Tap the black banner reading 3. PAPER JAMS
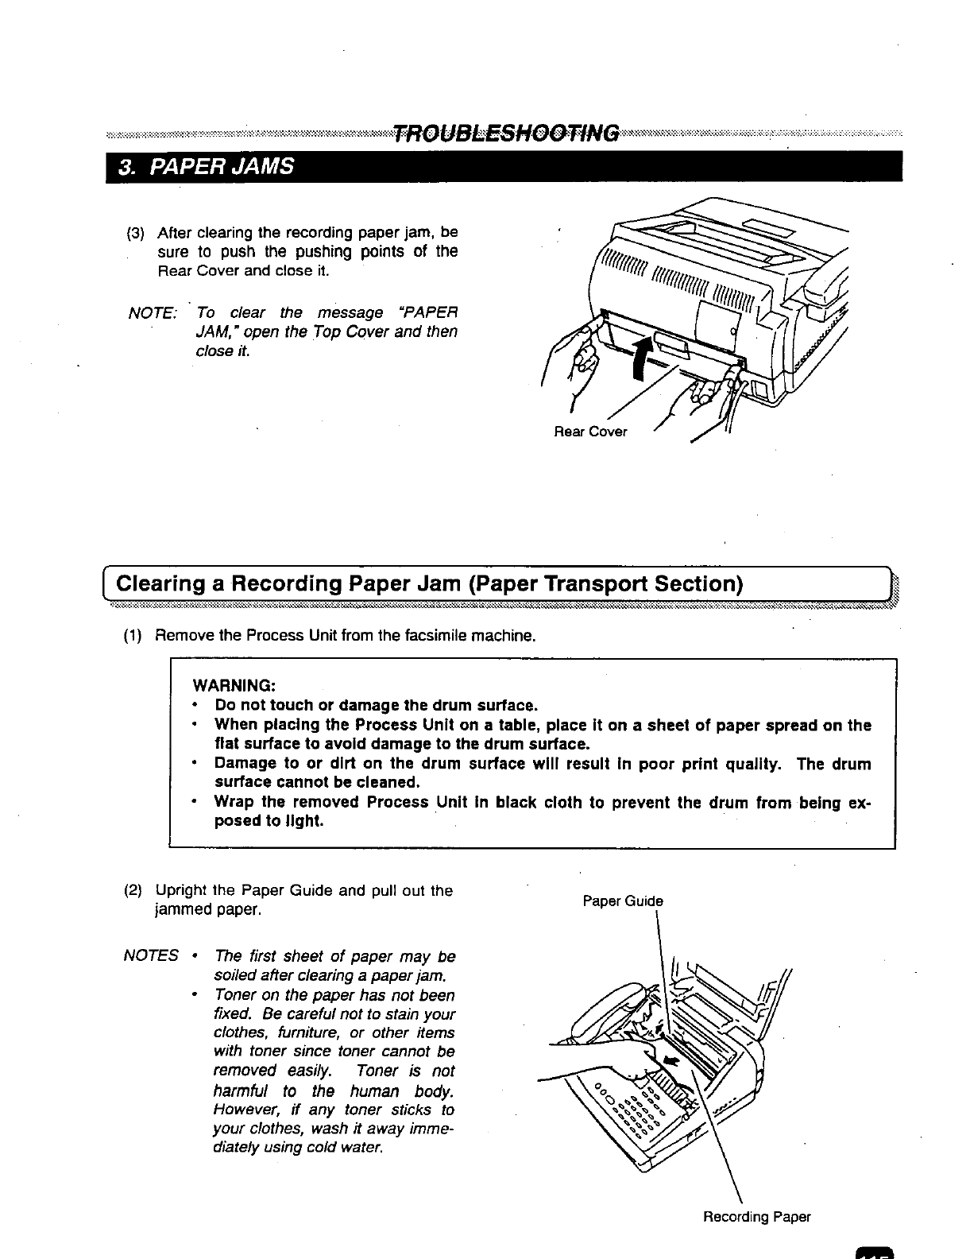point(205,167)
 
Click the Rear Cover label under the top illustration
point(590,432)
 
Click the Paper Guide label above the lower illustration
point(622,901)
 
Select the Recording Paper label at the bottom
point(756,1217)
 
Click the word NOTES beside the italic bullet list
point(151,956)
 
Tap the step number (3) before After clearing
point(136,233)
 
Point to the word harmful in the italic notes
point(243,1090)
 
